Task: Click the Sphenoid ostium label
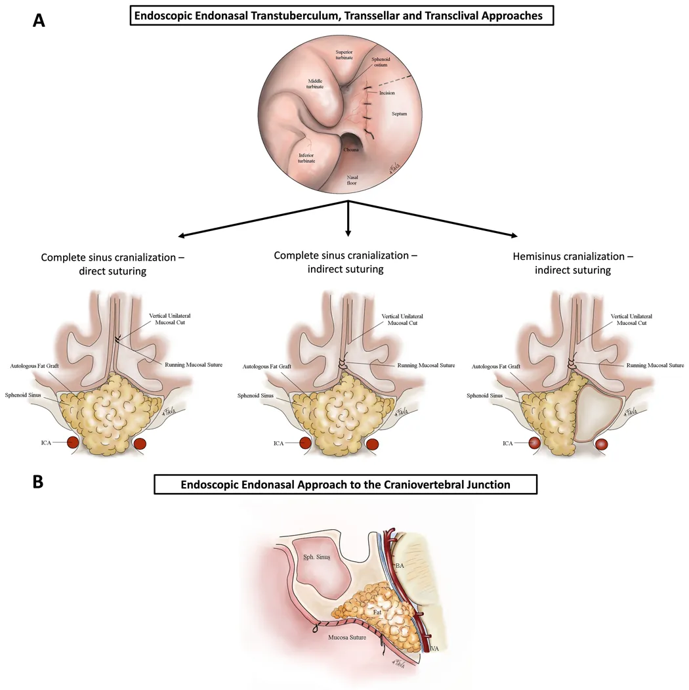pos(381,62)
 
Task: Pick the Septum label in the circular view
pos(399,114)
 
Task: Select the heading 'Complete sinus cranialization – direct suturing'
pos(112,263)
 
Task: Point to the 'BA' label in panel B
pos(399,565)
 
